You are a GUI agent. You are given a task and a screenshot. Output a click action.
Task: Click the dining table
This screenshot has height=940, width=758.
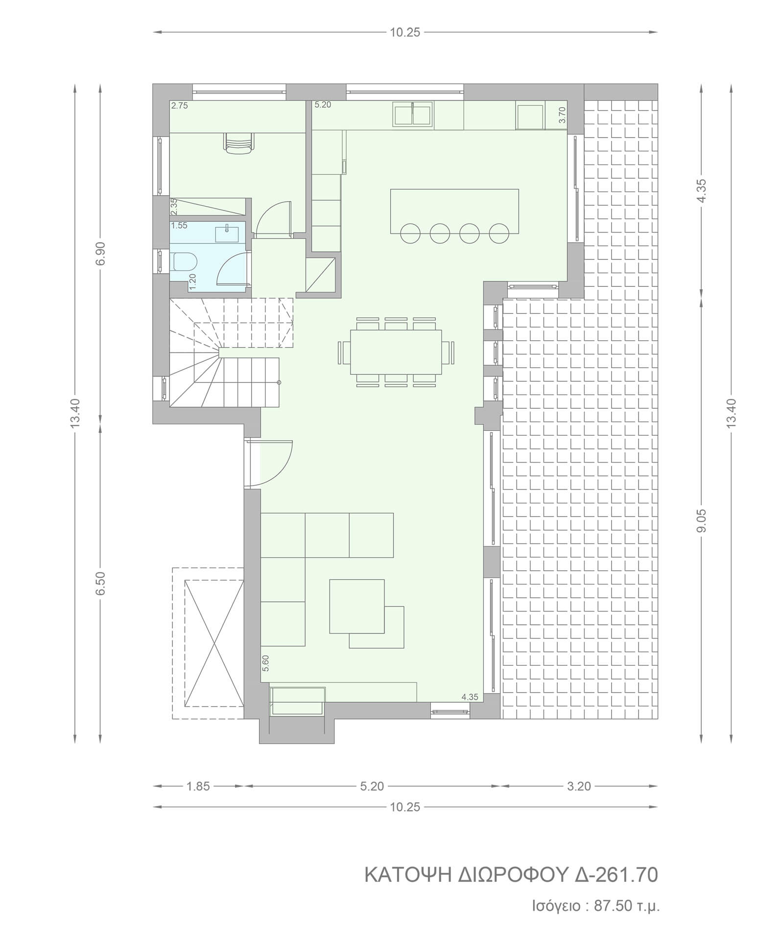(x=396, y=352)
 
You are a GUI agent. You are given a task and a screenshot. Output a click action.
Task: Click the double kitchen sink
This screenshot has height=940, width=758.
(x=413, y=115)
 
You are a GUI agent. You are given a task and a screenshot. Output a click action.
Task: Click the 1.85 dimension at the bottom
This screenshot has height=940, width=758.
(x=198, y=786)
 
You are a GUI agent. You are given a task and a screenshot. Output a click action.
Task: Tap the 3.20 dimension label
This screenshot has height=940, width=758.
(x=579, y=786)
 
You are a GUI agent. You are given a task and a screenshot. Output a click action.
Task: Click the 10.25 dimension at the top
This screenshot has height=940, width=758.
(x=405, y=32)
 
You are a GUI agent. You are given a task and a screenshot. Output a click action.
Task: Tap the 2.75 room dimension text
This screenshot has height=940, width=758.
(x=180, y=105)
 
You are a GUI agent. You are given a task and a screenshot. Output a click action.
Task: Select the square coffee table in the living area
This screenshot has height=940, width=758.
(x=356, y=606)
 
